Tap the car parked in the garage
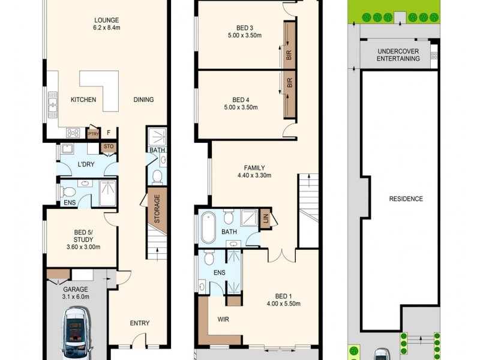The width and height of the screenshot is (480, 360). [76, 332]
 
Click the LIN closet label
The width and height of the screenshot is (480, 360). [266, 220]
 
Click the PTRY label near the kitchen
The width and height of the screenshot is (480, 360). [93, 134]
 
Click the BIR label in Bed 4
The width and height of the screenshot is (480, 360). [289, 84]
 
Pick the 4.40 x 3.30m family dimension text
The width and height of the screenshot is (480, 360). [255, 176]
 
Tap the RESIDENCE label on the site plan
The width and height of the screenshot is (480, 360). [406, 199]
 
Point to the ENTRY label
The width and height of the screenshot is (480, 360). [139, 323]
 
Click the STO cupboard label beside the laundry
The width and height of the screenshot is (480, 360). [109, 146]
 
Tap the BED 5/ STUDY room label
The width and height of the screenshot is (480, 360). [83, 239]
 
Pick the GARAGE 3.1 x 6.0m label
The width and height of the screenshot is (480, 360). [76, 292]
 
